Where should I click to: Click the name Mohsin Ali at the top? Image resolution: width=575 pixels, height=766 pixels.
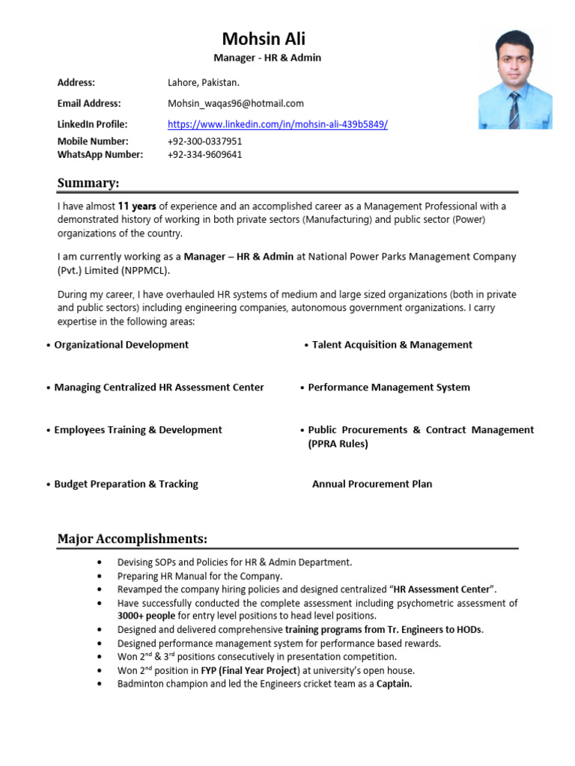coord(264,39)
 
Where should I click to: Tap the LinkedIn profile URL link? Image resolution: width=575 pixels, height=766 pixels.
coord(277,124)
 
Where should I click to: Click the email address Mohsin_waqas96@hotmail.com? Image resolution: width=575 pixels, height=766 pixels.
coord(235,103)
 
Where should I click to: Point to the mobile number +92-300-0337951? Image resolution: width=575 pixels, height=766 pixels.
coord(204,141)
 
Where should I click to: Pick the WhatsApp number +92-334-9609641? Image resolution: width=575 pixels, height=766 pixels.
coord(204,154)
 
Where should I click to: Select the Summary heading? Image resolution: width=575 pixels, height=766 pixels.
coord(88,183)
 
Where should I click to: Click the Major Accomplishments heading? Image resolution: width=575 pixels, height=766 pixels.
coord(133,539)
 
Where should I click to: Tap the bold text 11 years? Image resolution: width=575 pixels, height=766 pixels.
coord(137,206)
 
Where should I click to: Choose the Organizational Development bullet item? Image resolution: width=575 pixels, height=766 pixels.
coord(121,345)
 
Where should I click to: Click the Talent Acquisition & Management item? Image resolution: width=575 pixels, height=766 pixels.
coord(392,345)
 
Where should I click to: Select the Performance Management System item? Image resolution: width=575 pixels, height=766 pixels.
coord(389,387)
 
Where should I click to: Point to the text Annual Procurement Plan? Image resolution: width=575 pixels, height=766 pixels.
coord(371,484)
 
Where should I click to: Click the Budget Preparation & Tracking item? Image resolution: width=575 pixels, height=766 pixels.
coord(126,484)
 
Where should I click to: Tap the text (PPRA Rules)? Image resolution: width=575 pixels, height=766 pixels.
coord(338,444)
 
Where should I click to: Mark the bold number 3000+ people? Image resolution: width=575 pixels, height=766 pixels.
coord(147,616)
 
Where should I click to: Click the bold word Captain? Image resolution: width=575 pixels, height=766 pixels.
coord(394,684)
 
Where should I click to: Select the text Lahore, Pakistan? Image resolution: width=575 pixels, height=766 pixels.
coord(203,82)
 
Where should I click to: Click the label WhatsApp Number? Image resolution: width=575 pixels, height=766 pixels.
coord(100,154)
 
